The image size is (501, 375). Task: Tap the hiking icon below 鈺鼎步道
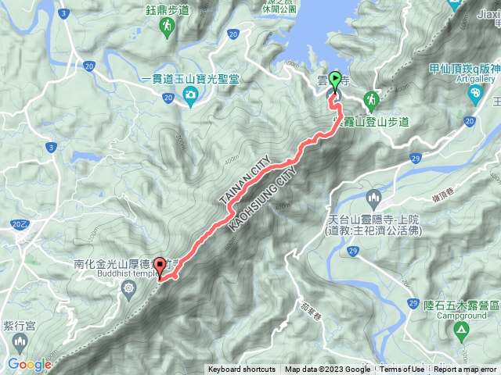tap(168, 28)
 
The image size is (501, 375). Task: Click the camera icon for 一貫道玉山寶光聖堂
tap(190, 95)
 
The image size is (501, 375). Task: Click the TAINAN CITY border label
tap(243, 184)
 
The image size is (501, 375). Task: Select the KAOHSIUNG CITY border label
tap(263, 195)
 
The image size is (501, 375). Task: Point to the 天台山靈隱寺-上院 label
tap(370, 221)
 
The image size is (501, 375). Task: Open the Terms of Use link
tap(402, 370)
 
